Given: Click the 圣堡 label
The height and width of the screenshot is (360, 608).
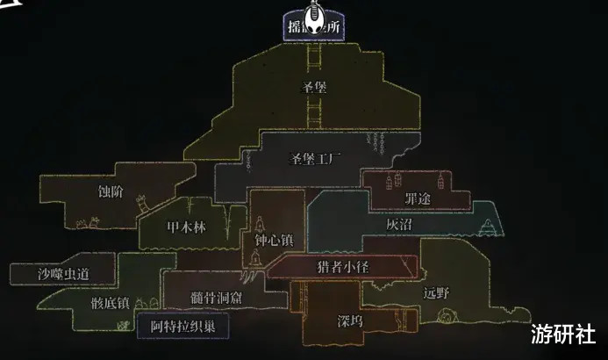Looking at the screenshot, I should point(313,86).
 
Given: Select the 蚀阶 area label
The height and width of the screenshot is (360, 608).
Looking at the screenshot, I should point(111,190).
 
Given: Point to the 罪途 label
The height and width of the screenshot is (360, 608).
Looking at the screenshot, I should point(418,199).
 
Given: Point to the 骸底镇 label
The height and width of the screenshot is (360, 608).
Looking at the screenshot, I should point(110,303).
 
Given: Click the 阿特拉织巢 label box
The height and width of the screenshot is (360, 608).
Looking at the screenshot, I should point(183,324).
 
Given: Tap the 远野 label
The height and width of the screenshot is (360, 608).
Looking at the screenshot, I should point(435,292).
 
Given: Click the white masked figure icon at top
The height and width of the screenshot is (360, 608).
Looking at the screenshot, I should point(313,22).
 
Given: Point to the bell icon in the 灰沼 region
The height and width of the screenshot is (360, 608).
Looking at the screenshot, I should point(490,228).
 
